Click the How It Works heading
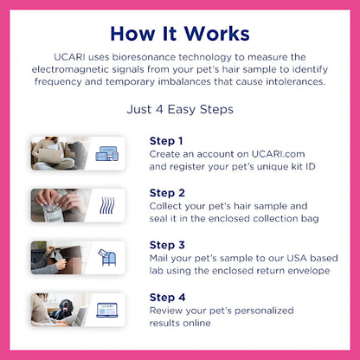[x=180, y=33]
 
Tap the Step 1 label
[x=166, y=140]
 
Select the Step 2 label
[x=167, y=192]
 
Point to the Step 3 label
[x=167, y=244]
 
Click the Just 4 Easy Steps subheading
[x=180, y=110]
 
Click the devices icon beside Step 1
[x=106, y=154]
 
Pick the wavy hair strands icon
[x=106, y=206]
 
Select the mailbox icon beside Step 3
[x=106, y=258]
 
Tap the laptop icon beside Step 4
[x=106, y=310]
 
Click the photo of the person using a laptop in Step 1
[x=59, y=153]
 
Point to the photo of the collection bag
[x=59, y=205]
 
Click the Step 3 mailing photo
[x=59, y=257]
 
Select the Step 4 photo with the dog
[x=59, y=309]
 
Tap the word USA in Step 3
[x=277, y=258]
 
